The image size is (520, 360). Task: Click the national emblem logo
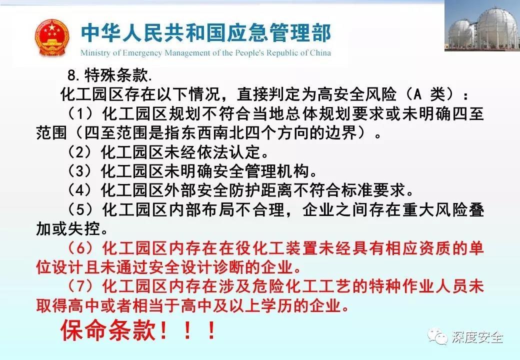pos(52,37)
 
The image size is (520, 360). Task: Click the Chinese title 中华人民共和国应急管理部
pos(206,33)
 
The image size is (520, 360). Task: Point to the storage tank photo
pos(482,26)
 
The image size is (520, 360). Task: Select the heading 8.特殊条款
pos(110,75)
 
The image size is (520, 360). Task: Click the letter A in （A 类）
pos(417,94)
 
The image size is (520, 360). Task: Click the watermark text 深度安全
pos(477,337)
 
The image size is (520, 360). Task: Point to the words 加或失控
pos(68,228)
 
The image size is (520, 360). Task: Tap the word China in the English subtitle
pos(320,52)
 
